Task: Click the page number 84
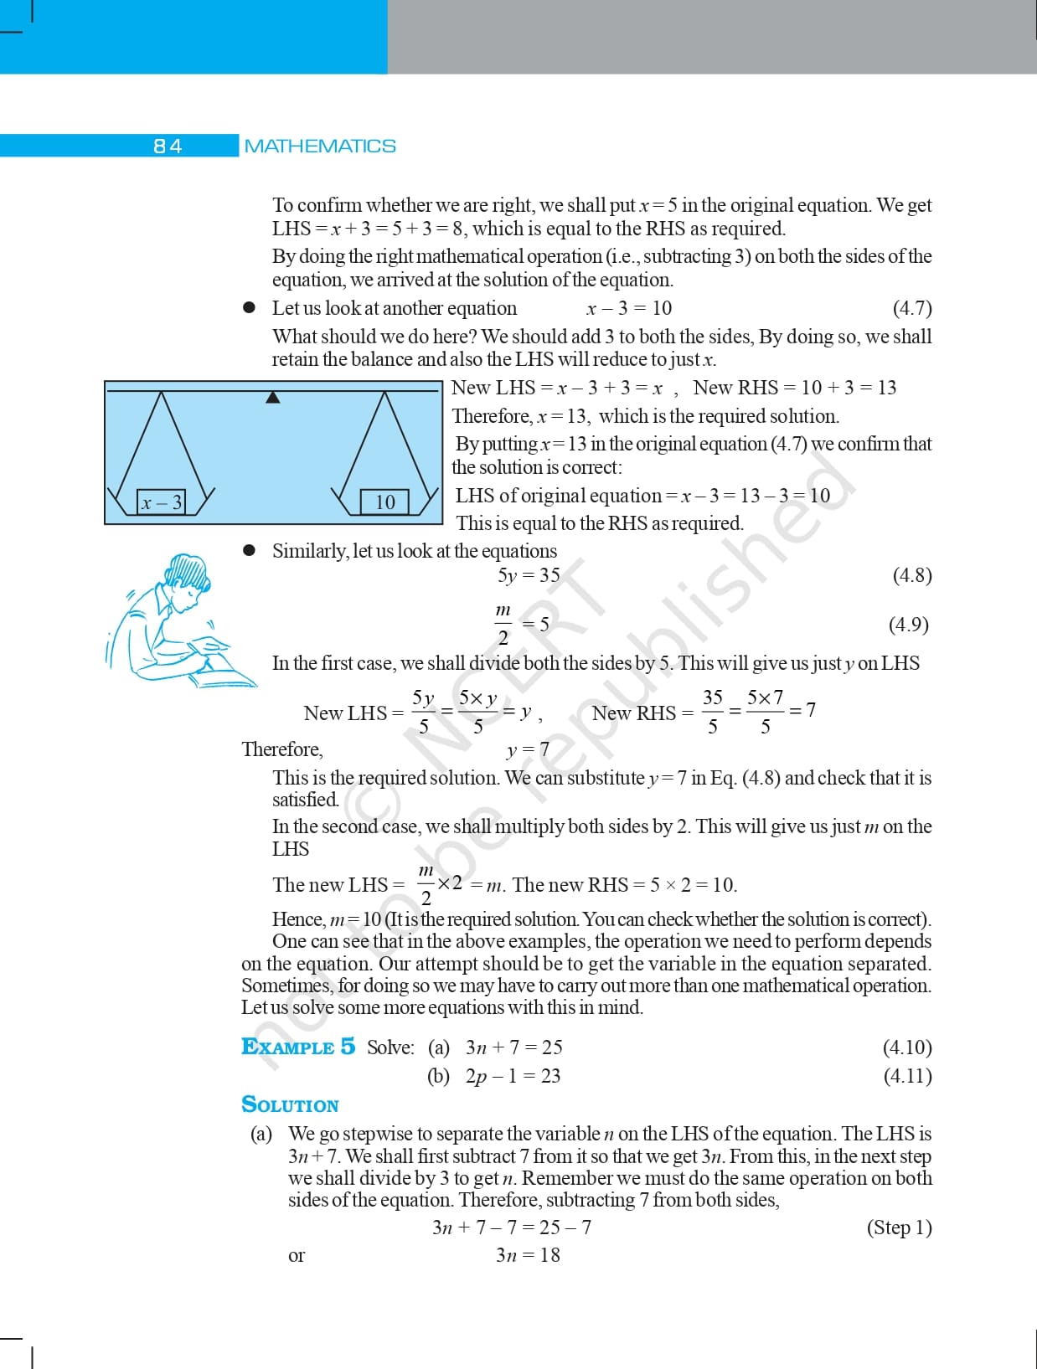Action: tap(168, 146)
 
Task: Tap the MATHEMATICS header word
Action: tap(320, 146)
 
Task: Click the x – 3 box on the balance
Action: tap(162, 502)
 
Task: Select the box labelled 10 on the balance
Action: tap(384, 502)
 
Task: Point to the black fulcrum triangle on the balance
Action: tap(272, 397)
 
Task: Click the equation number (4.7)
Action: tap(911, 308)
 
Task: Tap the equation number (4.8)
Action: tap(911, 575)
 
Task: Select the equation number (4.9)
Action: tap(909, 625)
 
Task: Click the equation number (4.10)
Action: tap(907, 1047)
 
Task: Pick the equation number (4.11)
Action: tap(907, 1076)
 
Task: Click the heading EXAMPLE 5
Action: tap(297, 1047)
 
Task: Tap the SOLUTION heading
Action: tap(290, 1105)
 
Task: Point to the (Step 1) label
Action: tap(899, 1227)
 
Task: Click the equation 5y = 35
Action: tap(529, 575)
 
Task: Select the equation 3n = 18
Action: tap(528, 1255)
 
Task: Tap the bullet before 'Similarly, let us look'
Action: tap(249, 551)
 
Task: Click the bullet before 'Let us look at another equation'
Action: tap(249, 308)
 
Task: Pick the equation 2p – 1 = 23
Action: tap(513, 1076)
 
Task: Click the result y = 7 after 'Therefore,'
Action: tap(528, 749)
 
